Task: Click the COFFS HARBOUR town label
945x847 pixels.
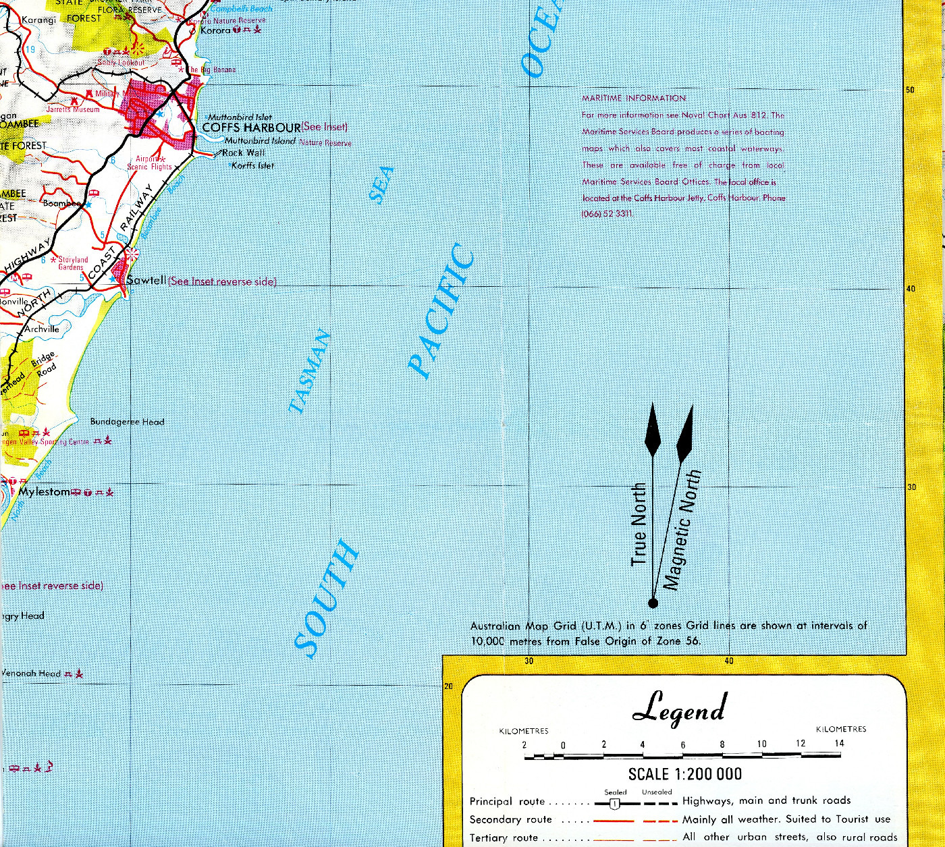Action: [x=251, y=128]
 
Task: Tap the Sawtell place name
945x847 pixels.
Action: [x=146, y=280]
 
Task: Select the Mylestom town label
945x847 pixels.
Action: [x=44, y=492]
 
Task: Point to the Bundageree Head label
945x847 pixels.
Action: [x=127, y=422]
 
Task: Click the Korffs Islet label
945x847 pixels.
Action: [x=252, y=165]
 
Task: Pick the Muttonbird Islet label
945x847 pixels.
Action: [x=240, y=117]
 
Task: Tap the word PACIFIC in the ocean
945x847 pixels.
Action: [x=442, y=310]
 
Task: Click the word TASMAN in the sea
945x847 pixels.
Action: [x=310, y=371]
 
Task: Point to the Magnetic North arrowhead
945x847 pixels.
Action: [x=685, y=432]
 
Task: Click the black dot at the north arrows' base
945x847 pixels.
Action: [x=653, y=603]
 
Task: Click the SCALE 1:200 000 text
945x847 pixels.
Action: [x=684, y=774]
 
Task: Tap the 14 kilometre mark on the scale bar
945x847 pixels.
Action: [x=839, y=744]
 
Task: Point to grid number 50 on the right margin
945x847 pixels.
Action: [x=910, y=90]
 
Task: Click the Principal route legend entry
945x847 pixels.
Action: [x=507, y=802]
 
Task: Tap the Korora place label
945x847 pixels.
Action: [x=215, y=30]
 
